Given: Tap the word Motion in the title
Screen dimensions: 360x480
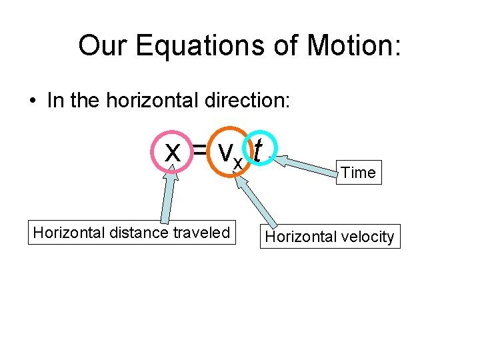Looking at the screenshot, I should pos(351,46).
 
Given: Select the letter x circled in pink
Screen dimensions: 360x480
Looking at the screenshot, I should pos(173,153).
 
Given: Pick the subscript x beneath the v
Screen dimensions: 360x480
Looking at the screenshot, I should pos(238,162).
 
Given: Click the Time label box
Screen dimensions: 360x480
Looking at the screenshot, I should pos(359,173).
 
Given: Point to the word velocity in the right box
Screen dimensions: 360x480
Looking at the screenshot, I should pos(367,237).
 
